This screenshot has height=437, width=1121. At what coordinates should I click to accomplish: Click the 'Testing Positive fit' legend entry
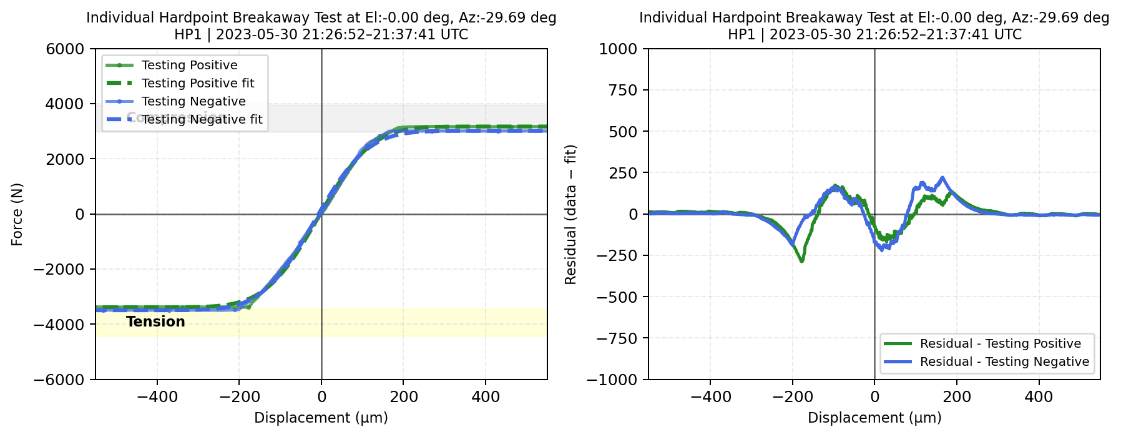[x=198, y=83]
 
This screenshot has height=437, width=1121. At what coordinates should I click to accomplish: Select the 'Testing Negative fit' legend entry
[x=202, y=119]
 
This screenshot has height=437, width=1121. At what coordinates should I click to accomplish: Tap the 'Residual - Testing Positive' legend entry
[x=1000, y=343]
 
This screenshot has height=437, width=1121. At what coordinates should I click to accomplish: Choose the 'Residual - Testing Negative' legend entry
[x=1004, y=361]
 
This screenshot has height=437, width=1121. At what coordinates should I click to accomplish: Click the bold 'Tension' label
[x=155, y=322]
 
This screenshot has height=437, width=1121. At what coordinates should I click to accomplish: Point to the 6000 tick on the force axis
[x=65, y=49]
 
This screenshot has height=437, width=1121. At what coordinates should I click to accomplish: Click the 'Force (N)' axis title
[x=17, y=214]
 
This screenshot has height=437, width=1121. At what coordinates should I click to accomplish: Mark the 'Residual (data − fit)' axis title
[x=570, y=214]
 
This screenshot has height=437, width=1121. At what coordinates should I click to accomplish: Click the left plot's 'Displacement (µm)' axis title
[x=321, y=418]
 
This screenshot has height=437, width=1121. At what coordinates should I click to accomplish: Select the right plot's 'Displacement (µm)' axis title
[x=874, y=418]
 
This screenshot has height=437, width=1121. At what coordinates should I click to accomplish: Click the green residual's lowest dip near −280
[x=802, y=260]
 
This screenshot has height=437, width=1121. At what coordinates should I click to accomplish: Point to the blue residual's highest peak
[x=942, y=177]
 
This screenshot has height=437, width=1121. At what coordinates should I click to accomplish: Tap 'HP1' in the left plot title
[x=188, y=34]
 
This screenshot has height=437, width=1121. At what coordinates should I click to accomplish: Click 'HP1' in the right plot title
[x=742, y=34]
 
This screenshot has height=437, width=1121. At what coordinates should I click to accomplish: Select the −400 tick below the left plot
[x=157, y=396]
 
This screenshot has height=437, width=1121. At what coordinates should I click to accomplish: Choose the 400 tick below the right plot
[x=1039, y=396]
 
